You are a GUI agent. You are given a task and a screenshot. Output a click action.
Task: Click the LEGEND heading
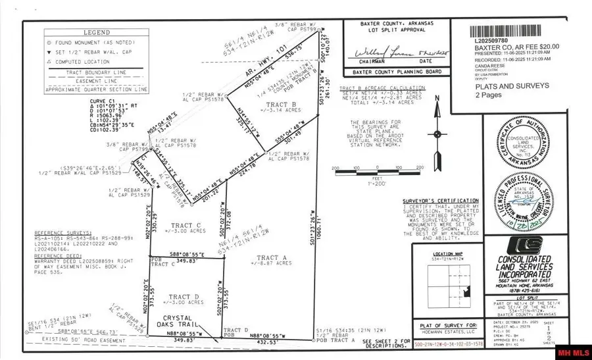(x=83, y=32)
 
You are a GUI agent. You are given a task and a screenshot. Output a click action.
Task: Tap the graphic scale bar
(x=377, y=168)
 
